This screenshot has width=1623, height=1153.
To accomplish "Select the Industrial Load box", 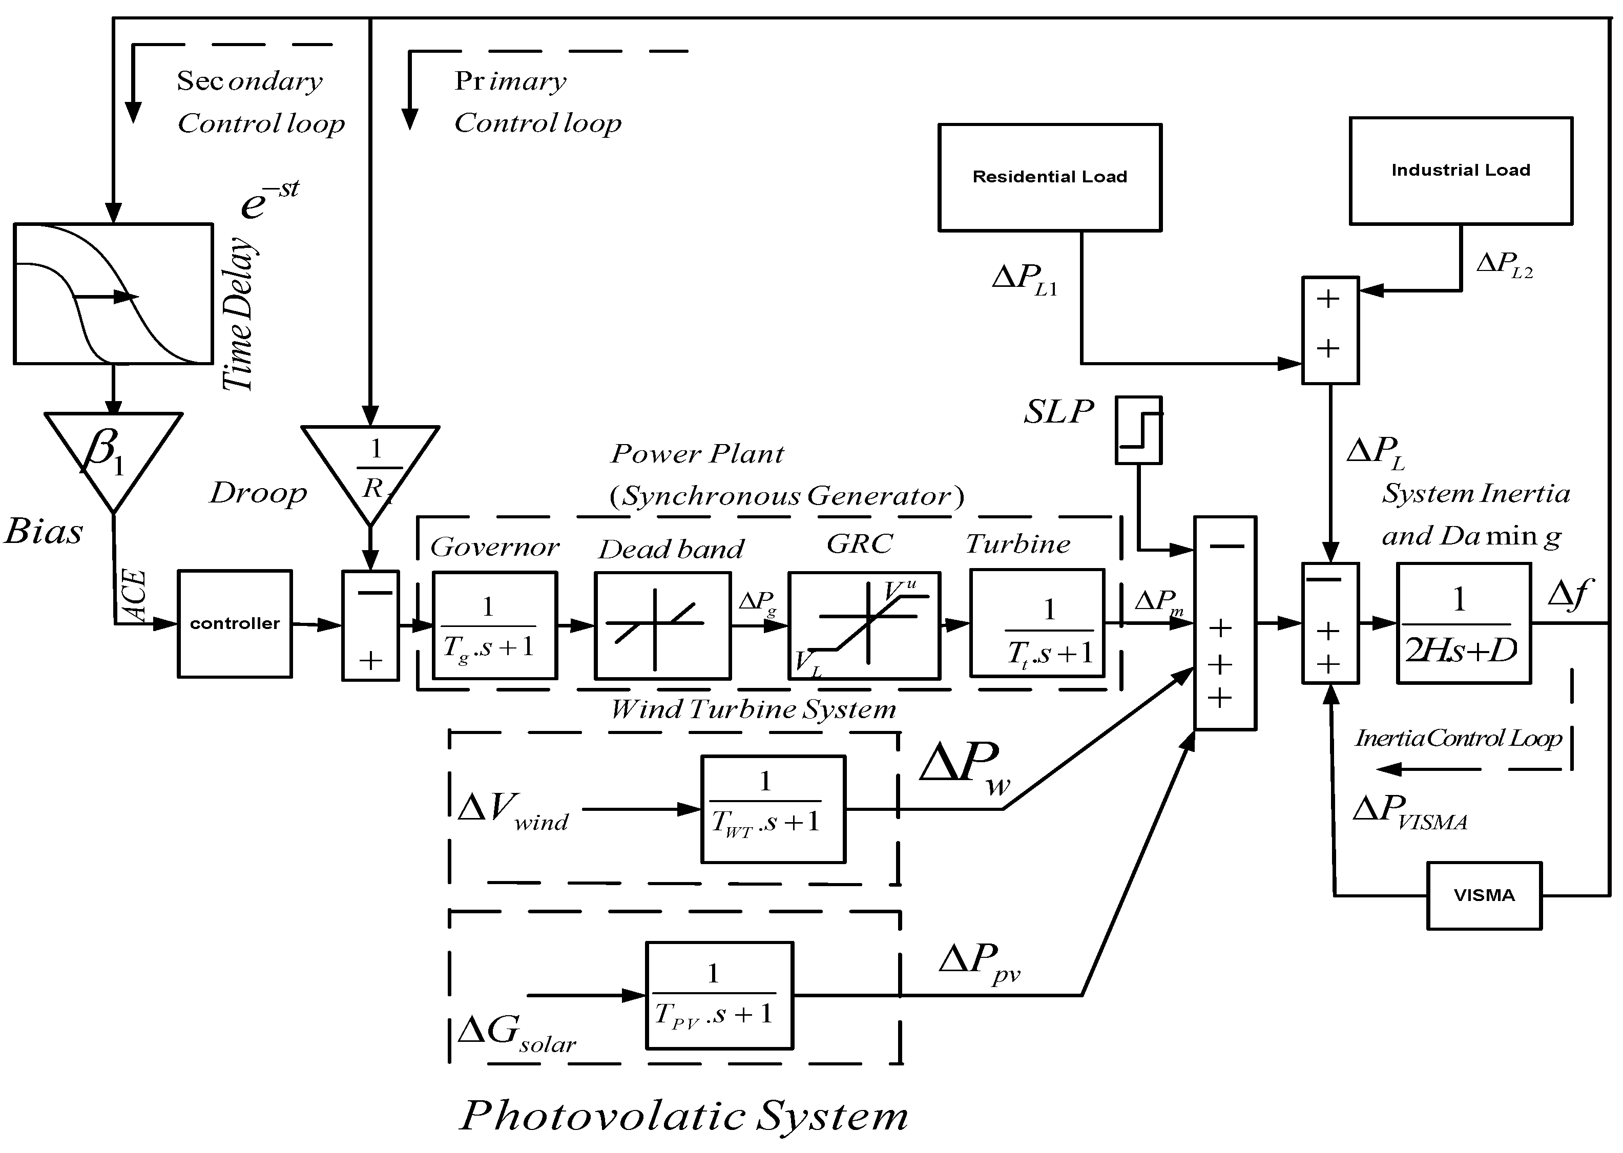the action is pos(1461,171).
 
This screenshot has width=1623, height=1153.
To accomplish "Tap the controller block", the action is pos(234,623).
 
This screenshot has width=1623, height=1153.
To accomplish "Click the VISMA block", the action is pos(1484,895).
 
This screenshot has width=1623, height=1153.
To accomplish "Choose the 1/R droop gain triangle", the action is pos(370,474).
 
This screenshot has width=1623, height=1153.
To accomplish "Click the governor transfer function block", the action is pos(495,625).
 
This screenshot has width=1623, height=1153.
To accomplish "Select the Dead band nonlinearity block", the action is pos(662,625).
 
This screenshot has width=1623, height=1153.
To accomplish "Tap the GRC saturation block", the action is pos(864,625).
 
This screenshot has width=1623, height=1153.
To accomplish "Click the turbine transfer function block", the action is pos(1037,623).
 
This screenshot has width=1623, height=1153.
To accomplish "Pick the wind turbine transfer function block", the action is pos(773,809).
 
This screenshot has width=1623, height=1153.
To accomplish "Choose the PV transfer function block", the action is pos(719,995).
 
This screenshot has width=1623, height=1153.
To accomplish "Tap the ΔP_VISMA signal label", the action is pos(1410,811).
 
